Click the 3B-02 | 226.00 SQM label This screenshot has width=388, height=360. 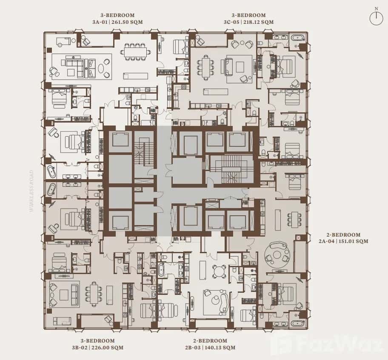[x=97, y=347]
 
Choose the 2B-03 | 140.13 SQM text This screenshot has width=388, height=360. [x=212, y=347]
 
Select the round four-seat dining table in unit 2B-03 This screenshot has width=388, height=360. [x=220, y=271]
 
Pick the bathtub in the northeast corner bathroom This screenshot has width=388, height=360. [x=297, y=38]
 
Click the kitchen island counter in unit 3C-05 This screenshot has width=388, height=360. [x=213, y=91]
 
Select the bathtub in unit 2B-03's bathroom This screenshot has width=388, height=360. [x=162, y=271]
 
